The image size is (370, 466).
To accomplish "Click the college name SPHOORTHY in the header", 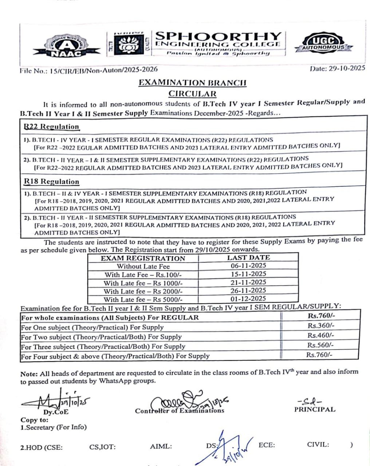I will [218, 36].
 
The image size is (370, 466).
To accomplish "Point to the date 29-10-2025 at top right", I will [337, 68].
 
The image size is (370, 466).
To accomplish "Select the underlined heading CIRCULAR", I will [192, 94].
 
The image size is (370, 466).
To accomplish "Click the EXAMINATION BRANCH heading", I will [192, 83].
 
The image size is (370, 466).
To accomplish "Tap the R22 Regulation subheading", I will [51, 127].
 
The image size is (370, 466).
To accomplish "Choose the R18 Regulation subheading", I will [51, 181].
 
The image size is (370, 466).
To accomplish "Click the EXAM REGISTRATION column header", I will [143, 258].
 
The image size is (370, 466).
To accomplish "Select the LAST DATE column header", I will [248, 257].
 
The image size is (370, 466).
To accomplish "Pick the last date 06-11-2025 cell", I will [248, 266].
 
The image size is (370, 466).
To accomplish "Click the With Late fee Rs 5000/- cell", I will [143, 300].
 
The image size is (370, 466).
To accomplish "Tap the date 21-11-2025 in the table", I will [248, 282].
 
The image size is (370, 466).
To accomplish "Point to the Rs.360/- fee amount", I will [321, 326].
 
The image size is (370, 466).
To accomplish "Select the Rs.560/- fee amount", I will [320, 345].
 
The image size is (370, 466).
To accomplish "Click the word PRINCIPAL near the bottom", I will [315, 409].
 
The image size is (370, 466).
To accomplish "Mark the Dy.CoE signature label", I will [56, 412].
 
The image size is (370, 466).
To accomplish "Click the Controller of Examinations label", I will [180, 411].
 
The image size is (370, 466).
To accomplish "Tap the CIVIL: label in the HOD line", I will [318, 445].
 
